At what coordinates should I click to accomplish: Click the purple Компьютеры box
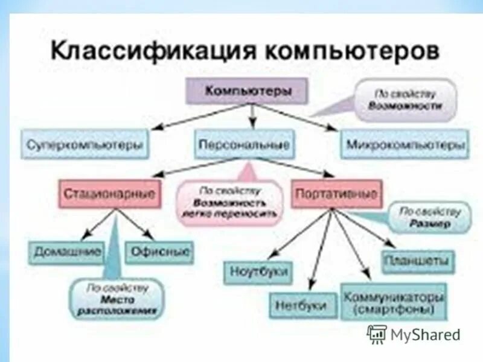[248, 92]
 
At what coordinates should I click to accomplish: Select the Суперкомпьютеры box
[85, 145]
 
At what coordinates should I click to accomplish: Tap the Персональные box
[245, 145]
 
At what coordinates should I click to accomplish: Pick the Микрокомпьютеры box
[406, 145]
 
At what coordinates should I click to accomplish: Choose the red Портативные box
[336, 194]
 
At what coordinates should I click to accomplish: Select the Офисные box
[159, 252]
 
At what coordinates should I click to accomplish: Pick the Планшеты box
[418, 262]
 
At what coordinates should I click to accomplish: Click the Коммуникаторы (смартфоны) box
[394, 302]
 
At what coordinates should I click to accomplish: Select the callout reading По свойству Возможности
[406, 100]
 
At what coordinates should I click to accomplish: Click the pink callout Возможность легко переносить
[230, 203]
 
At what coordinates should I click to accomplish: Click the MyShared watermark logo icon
[377, 333]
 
